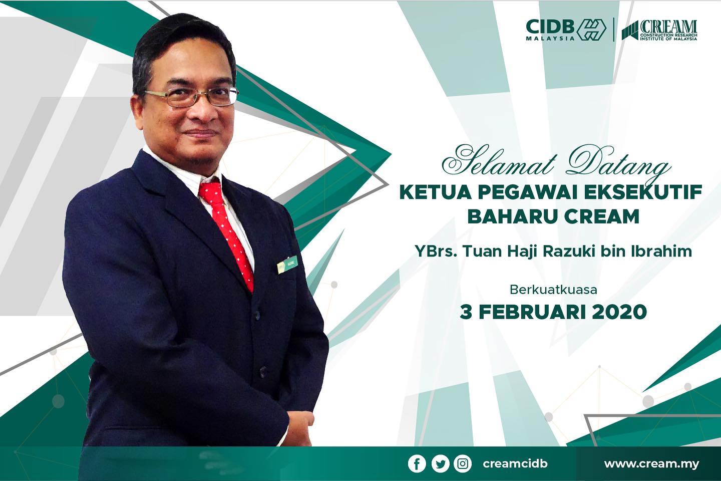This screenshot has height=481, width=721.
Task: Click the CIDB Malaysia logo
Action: point(566,30)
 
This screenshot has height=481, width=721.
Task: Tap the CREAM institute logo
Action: point(659,30)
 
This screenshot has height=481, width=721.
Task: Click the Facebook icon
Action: point(417,464)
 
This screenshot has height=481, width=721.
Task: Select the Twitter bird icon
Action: point(440,464)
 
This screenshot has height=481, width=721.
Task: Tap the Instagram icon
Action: point(463,464)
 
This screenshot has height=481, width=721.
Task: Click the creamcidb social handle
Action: point(515,464)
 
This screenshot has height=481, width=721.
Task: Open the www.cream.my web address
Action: point(651,464)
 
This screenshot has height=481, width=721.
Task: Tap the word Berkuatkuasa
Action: point(553,290)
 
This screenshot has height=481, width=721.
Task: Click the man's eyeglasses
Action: point(191,96)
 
